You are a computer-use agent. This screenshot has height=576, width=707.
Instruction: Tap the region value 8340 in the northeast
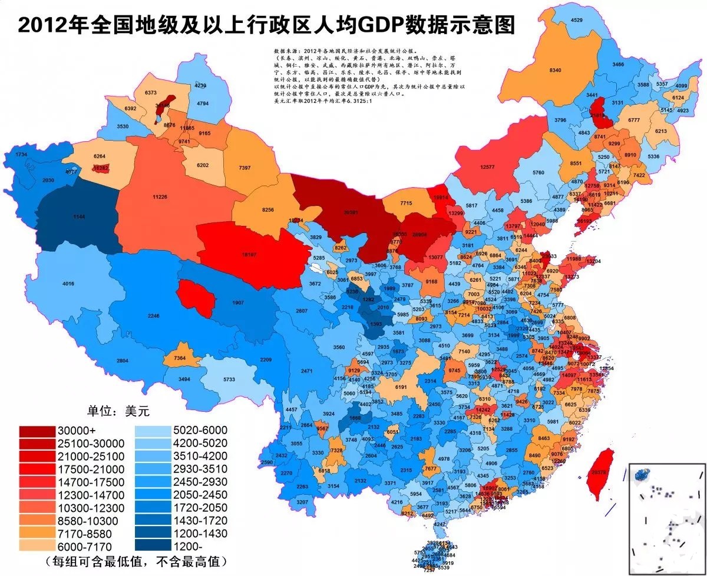click(x=555, y=70)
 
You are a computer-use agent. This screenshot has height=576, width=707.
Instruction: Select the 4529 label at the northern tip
click(x=577, y=21)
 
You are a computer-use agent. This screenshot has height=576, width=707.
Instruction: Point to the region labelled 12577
click(x=487, y=167)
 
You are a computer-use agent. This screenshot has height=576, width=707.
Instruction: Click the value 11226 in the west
click(x=160, y=197)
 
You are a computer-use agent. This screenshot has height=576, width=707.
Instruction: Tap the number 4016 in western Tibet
click(x=68, y=284)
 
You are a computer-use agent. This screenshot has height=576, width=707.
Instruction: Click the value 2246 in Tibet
click(x=153, y=316)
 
